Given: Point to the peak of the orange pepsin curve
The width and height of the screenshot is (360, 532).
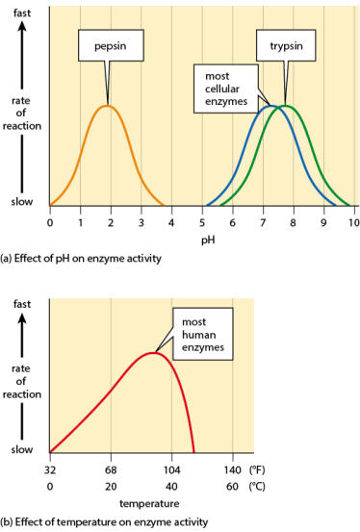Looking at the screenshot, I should click(x=108, y=105).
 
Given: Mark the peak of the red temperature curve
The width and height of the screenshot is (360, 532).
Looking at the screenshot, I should click(x=153, y=352).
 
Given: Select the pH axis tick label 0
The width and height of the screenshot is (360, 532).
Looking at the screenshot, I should click(x=50, y=222).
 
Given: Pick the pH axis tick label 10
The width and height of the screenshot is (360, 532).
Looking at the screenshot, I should click(x=353, y=222).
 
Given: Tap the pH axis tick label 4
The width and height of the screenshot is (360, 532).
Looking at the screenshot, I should click(x=171, y=222).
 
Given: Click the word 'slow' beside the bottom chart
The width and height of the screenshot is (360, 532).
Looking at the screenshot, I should click(x=21, y=449).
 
